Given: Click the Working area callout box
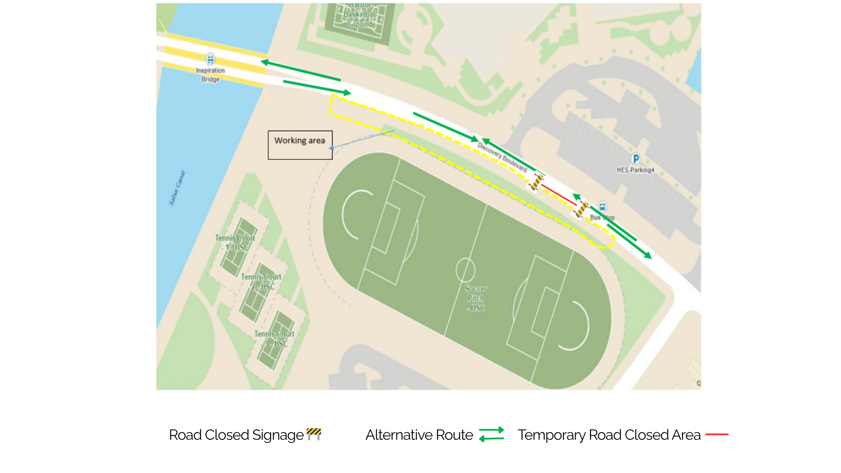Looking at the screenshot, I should (x=300, y=145).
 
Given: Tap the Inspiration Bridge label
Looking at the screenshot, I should (x=210, y=75).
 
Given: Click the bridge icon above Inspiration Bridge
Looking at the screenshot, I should (x=210, y=59).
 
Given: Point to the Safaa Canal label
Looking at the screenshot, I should (x=177, y=188).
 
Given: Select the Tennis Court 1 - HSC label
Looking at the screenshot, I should (x=235, y=243).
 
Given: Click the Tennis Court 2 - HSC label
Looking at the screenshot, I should (x=261, y=282).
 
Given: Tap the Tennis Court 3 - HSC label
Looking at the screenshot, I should (x=274, y=339).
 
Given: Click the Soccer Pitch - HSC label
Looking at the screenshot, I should (x=476, y=298).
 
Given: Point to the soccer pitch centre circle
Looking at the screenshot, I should (x=465, y=270).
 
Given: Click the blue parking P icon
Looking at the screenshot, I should (x=636, y=159).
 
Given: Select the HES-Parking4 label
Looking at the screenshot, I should (x=635, y=170).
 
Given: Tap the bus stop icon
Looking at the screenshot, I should (x=602, y=207).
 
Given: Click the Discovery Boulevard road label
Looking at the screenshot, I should (x=502, y=157).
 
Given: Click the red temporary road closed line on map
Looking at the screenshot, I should (x=558, y=195).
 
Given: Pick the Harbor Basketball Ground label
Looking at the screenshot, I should (x=360, y=15).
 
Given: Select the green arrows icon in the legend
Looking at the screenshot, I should (x=491, y=434).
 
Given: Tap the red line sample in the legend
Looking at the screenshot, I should (x=717, y=434).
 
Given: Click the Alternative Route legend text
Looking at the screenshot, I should (x=419, y=435).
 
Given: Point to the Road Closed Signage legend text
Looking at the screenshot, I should (x=236, y=435).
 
